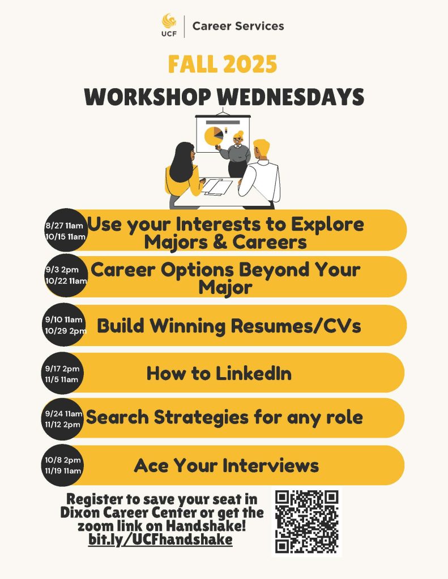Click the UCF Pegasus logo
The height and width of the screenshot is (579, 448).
(169, 25)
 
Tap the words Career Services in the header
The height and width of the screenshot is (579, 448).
(238, 26)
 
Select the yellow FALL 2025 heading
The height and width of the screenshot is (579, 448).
(223, 64)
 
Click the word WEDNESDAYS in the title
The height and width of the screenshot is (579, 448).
(291, 97)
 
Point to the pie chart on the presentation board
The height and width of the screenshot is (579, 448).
(214, 136)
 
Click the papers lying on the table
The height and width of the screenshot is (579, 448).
(217, 186)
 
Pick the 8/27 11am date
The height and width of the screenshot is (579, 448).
(64, 226)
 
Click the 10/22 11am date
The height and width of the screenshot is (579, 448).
(66, 281)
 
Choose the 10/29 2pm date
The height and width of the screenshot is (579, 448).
(66, 331)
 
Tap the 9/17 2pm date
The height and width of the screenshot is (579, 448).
(62, 369)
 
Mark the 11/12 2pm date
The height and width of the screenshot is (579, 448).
(62, 425)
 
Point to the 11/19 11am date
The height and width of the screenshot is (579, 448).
(63, 471)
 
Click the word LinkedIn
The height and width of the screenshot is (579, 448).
(253, 373)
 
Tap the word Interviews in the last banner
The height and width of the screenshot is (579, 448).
(270, 465)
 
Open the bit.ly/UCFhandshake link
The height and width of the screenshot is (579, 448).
(160, 539)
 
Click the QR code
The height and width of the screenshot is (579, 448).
(306, 522)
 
